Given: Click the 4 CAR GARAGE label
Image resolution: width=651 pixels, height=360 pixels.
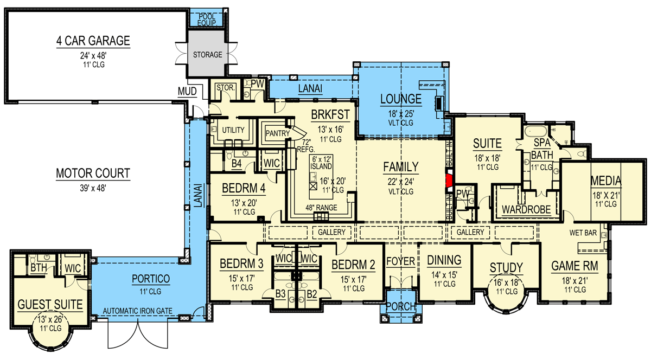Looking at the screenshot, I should pyautogui.click(x=93, y=41).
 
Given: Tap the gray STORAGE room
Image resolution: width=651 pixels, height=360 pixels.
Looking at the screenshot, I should pyautogui.click(x=208, y=55).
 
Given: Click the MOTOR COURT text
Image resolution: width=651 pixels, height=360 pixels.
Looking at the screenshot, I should pyautogui.click(x=93, y=173).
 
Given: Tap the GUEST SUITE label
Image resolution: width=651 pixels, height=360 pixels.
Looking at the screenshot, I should pyautogui.click(x=49, y=305).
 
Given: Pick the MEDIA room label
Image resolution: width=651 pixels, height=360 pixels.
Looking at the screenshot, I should pyautogui.click(x=606, y=181).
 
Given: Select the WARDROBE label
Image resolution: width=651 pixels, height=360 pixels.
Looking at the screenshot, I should pyautogui.click(x=526, y=209).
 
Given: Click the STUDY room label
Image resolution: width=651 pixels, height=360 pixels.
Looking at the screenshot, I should pyautogui.click(x=506, y=267).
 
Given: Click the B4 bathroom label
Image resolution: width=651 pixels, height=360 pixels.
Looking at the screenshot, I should pyautogui.click(x=237, y=163).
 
